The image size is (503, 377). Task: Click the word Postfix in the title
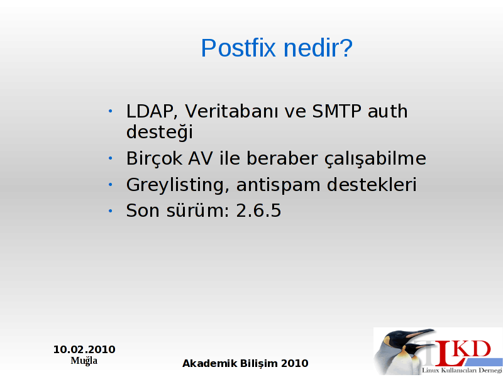pos(238,48)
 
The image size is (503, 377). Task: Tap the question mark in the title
pos(346,48)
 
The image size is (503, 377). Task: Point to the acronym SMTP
pos(336,111)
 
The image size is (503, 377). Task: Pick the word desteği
pos(160,132)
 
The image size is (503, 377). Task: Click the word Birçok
pos(154,158)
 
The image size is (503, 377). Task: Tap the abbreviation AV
pos(200,158)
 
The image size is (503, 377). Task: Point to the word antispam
pos(278,185)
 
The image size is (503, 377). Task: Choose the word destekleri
pos(372,184)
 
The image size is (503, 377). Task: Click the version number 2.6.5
pos(258,210)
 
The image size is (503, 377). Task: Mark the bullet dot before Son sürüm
pos(111,211)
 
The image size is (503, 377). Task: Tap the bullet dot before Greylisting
pos(111,185)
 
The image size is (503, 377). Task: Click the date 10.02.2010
pos(84,349)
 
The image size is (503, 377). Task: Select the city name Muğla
pos(84,361)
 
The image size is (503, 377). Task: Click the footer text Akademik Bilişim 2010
pos(245,364)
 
